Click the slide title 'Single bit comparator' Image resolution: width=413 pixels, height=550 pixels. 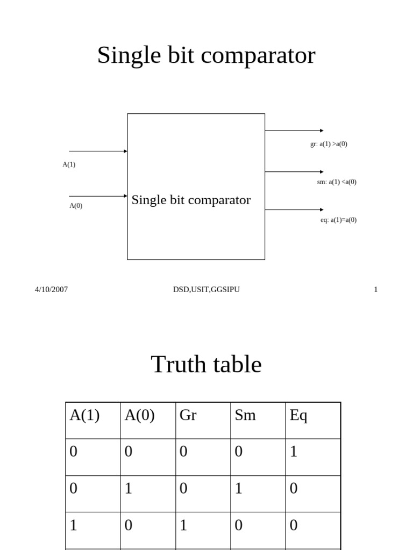pos(206,56)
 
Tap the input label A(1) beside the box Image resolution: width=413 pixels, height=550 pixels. pos(69,165)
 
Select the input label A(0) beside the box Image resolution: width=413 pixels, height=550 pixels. pos(76,206)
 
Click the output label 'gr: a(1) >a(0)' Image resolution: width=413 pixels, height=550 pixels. pos(329,144)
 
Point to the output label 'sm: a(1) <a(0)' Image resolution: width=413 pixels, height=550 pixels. pos(337,182)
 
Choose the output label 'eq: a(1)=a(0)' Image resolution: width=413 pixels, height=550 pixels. pos(338,220)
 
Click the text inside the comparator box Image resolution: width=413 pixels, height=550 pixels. pos(191,200)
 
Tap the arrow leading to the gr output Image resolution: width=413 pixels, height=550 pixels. pos(294,131)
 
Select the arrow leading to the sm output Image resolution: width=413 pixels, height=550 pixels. pos(294,172)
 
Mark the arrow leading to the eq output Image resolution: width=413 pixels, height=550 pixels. pos(294,209)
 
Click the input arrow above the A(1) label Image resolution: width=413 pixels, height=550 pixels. pos(98,151)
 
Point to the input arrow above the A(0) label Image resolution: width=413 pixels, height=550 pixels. pos(98,196)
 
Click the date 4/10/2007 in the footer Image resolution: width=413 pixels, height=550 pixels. pos(52,290)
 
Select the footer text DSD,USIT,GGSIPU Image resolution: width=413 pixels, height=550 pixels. pos(206,290)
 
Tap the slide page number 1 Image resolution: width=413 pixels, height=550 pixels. pos(376,290)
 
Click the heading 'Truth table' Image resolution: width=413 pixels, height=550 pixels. pos(206,365)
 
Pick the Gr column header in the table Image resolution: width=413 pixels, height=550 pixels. pos(188,416)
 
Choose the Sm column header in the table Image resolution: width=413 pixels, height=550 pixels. pos(245,416)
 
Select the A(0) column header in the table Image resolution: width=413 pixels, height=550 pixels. pos(140,416)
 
